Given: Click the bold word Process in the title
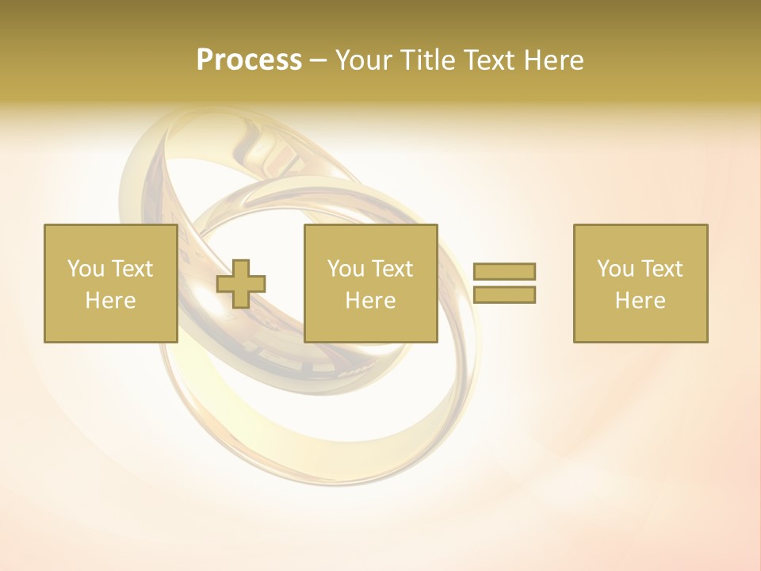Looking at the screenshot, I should pyautogui.click(x=249, y=60).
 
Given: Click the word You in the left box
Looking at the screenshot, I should pyautogui.click(x=83, y=269).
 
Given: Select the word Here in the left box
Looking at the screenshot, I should pyautogui.click(x=110, y=301).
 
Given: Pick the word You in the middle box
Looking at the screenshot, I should pyautogui.click(x=344, y=269).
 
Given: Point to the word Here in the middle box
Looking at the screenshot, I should pyautogui.click(x=370, y=301).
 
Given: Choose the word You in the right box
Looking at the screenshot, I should pyautogui.click(x=614, y=269).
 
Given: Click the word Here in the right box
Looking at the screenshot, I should pyautogui.click(x=640, y=301).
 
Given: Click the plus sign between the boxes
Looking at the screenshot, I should pyautogui.click(x=241, y=284).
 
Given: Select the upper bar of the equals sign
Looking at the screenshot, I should pyautogui.click(x=504, y=271).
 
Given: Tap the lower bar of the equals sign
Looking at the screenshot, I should pyautogui.click(x=504, y=295).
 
